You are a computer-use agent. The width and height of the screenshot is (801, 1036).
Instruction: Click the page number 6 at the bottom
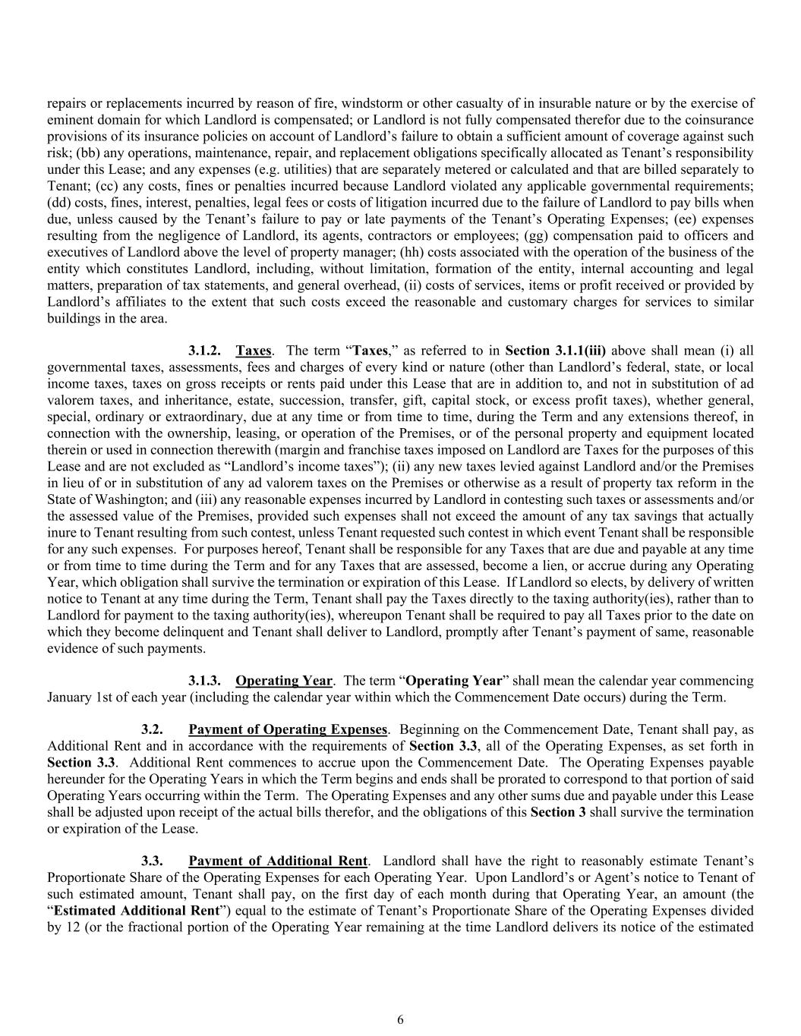pyautogui.click(x=400, y=1020)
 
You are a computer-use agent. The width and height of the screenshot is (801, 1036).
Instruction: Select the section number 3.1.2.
pyautogui.click(x=204, y=351)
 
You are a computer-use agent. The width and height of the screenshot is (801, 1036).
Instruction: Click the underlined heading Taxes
pyautogui.click(x=254, y=351)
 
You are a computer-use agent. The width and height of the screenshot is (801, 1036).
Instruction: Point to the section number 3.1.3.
pyautogui.click(x=204, y=681)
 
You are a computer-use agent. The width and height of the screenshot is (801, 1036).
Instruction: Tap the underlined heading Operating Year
pyautogui.click(x=284, y=681)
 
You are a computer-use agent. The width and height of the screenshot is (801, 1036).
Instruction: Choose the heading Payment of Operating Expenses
pyautogui.click(x=288, y=730)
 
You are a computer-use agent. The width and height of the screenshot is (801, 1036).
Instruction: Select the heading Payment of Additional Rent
pyautogui.click(x=278, y=861)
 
